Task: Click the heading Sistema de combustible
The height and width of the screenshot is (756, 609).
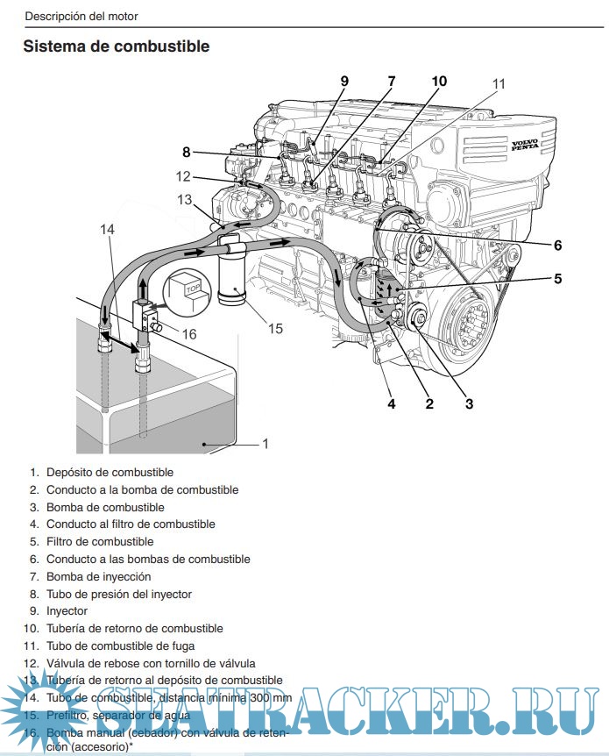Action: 117,46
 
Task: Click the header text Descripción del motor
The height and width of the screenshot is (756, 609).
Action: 81,16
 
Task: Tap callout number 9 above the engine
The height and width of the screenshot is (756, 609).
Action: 344,82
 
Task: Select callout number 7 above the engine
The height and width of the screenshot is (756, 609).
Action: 391,82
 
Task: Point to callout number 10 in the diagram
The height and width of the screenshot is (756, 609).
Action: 438,82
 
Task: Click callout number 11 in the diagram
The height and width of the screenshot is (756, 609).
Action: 499,84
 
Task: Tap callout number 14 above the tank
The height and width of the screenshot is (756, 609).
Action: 107,229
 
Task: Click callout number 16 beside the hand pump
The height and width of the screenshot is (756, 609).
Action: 188,333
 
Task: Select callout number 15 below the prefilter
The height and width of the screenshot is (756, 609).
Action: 275,329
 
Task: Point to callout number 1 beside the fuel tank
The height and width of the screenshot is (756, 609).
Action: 266,444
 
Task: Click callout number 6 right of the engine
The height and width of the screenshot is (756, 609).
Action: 557,245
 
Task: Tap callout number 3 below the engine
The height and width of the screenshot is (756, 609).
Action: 469,404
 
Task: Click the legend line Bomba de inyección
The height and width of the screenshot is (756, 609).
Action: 98,576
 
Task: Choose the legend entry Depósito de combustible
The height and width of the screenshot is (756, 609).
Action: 110,473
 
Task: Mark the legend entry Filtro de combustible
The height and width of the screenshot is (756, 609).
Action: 100,542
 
